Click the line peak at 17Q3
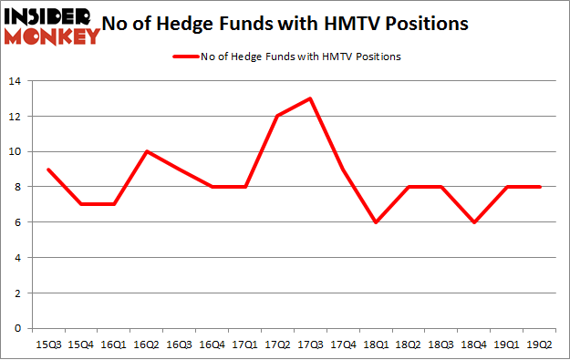[x=311, y=98]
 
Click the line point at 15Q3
[x=47, y=169]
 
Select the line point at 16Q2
[x=146, y=151]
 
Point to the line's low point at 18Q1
[x=376, y=222]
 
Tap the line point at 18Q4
[x=475, y=222]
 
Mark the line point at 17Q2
[x=278, y=116]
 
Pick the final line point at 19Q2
[x=541, y=187]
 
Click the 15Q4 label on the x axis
[x=80, y=344]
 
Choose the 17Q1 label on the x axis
[x=244, y=344]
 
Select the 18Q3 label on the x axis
[x=442, y=344]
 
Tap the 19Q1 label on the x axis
[x=508, y=344]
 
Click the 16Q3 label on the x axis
[x=179, y=344]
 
